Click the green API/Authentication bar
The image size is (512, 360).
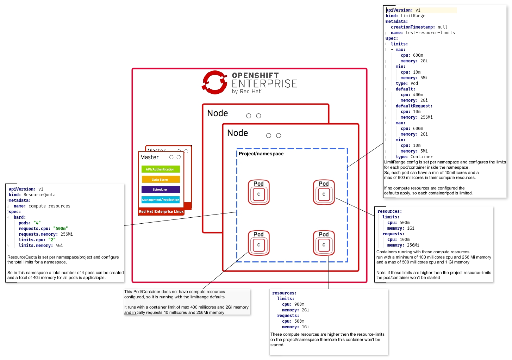160,169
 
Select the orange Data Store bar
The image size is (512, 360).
160,179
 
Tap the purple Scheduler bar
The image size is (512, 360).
160,190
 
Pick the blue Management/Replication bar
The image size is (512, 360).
160,200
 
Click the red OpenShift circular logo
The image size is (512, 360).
214,82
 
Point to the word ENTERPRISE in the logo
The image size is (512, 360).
264,84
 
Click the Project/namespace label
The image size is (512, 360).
261,154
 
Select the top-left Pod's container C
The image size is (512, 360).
258,194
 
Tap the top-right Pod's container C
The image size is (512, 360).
324,194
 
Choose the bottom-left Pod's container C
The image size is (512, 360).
258,245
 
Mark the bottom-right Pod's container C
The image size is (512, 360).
324,245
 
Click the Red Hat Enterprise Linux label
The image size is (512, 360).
161,212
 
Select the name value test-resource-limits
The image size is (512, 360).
430,33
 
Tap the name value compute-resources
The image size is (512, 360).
49,206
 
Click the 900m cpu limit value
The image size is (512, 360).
299,304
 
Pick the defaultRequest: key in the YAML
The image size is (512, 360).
414,106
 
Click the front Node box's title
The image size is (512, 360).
238,133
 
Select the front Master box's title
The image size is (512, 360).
149,157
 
